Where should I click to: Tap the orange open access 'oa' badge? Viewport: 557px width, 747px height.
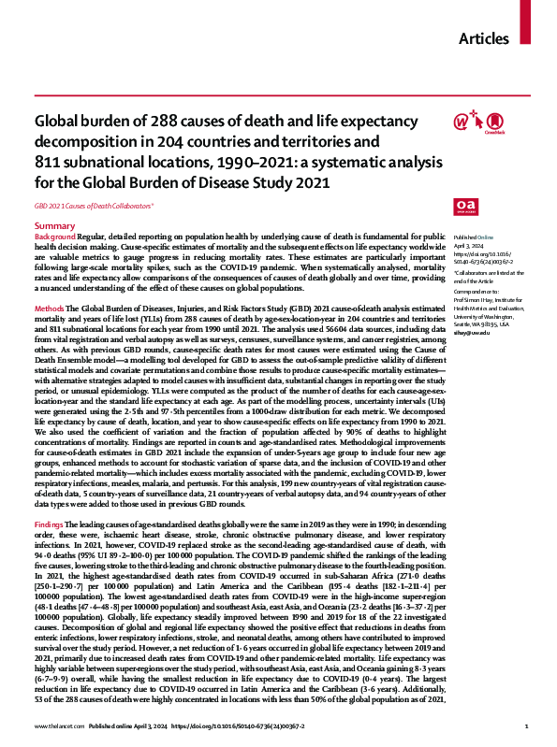coord(464,206)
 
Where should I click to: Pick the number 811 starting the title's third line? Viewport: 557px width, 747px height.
coord(48,162)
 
